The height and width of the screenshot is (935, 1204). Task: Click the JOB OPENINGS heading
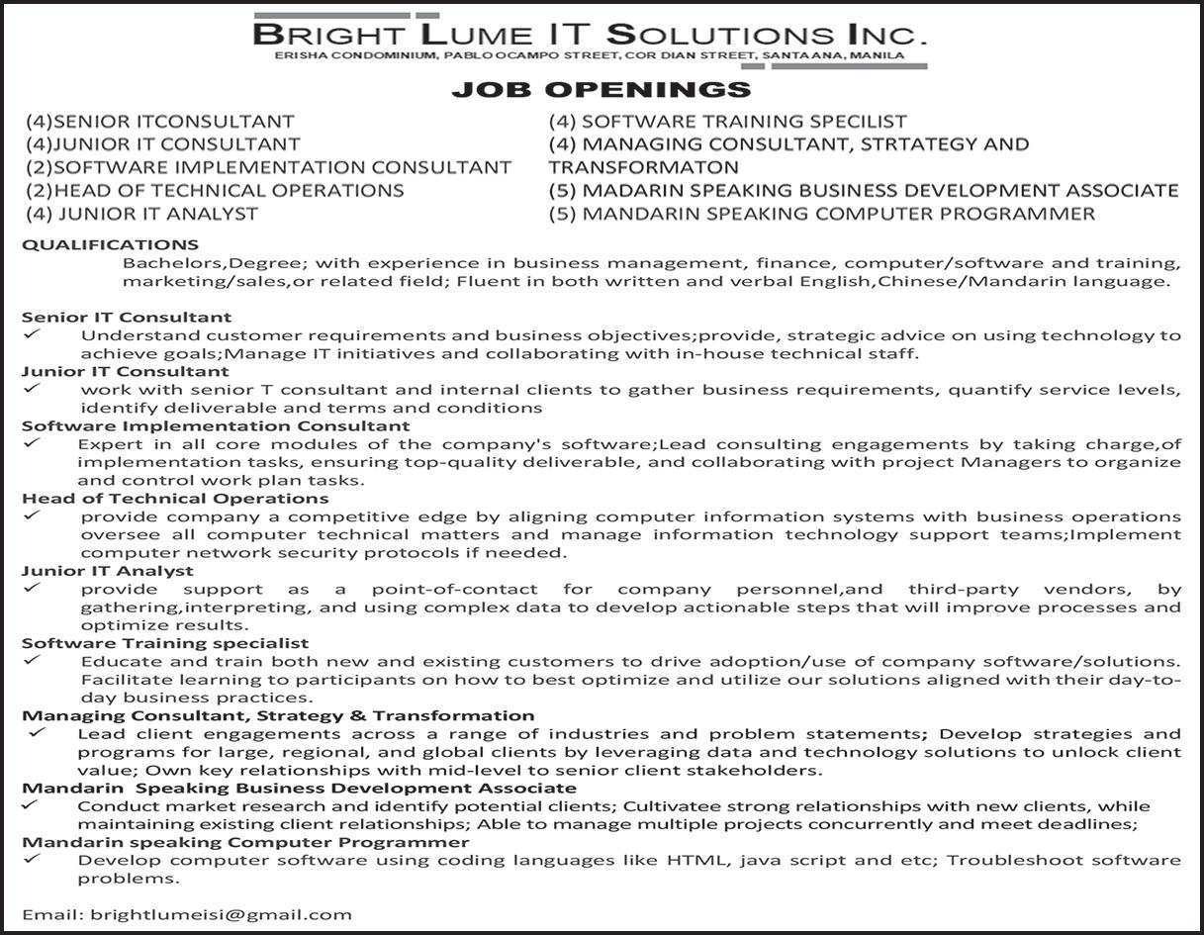(x=602, y=90)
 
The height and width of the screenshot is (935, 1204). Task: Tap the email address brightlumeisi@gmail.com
(x=221, y=915)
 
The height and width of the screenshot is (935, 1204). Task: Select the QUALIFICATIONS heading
(x=110, y=244)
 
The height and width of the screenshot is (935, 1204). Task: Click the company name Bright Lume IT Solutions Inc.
(x=591, y=35)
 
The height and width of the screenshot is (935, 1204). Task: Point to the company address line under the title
(x=591, y=55)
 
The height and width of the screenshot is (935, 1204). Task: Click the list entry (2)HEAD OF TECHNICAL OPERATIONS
(x=215, y=190)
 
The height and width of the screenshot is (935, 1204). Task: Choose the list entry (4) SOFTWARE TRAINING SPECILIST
(x=727, y=122)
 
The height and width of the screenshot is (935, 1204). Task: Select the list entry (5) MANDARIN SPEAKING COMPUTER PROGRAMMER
(x=822, y=214)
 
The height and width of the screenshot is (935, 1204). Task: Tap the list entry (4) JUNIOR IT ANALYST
(x=142, y=214)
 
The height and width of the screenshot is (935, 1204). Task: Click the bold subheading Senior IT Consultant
(x=127, y=318)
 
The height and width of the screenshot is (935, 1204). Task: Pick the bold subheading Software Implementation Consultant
(x=216, y=426)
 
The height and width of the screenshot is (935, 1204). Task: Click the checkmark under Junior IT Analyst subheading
(x=33, y=588)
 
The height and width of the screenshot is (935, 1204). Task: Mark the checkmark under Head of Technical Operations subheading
(x=33, y=515)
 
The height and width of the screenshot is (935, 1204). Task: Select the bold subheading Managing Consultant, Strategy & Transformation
(x=278, y=715)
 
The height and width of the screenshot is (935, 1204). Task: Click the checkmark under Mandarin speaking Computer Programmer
(x=33, y=859)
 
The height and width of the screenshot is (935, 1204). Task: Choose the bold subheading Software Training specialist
(x=165, y=643)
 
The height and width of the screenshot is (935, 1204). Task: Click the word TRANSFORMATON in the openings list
(x=644, y=167)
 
